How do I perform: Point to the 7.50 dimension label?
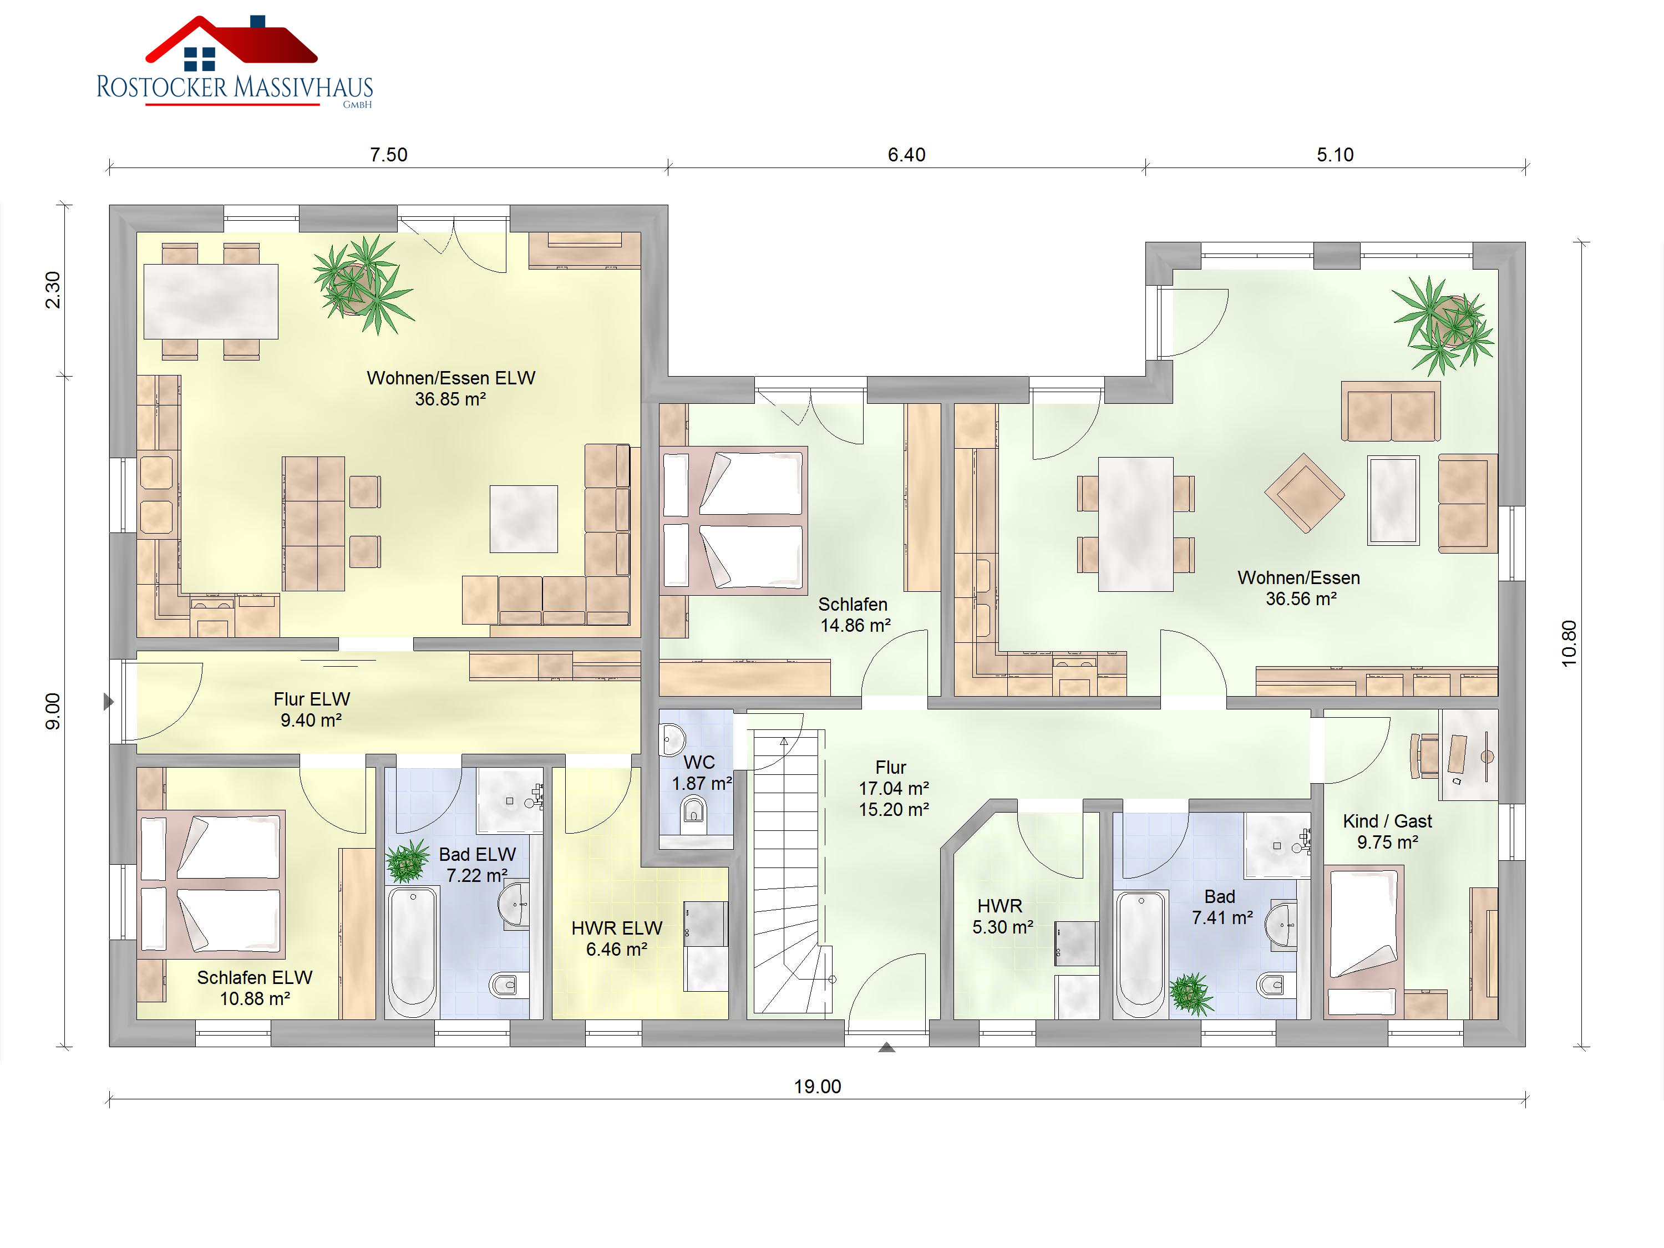click(388, 155)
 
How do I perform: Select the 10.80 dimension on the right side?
click(1569, 643)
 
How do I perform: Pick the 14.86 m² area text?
click(855, 625)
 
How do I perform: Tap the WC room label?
click(699, 762)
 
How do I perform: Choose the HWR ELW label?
click(617, 929)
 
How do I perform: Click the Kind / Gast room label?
click(1387, 821)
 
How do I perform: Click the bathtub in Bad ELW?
click(412, 952)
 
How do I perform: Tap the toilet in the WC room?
click(693, 813)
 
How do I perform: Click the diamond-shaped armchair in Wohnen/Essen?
click(1305, 493)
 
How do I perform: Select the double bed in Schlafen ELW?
click(211, 884)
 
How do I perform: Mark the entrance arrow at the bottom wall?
click(887, 1047)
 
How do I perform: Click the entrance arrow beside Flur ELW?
click(108, 702)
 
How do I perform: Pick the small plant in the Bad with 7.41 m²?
click(1191, 994)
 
